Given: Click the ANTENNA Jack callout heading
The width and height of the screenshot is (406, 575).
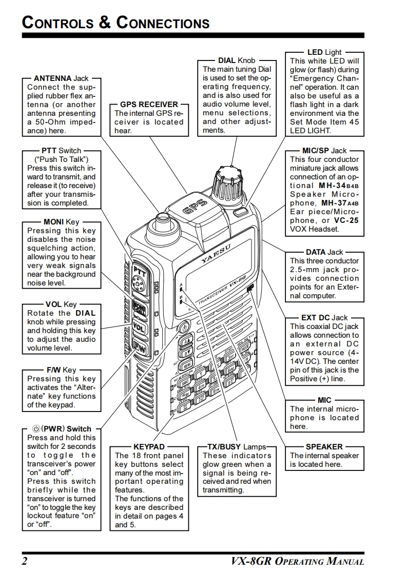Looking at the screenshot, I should [61, 78].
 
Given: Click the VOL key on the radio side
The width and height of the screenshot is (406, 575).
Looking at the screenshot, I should [139, 326].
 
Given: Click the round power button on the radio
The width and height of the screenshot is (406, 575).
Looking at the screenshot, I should [184, 326].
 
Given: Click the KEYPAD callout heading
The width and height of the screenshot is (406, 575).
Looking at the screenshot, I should [149, 447].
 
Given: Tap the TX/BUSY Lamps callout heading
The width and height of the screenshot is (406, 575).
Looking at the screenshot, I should [237, 447].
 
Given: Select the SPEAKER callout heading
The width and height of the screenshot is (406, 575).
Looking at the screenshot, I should [324, 447].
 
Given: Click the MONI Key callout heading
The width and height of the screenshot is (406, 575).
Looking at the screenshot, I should [62, 222].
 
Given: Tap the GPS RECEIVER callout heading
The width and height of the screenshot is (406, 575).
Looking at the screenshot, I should [149, 104].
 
